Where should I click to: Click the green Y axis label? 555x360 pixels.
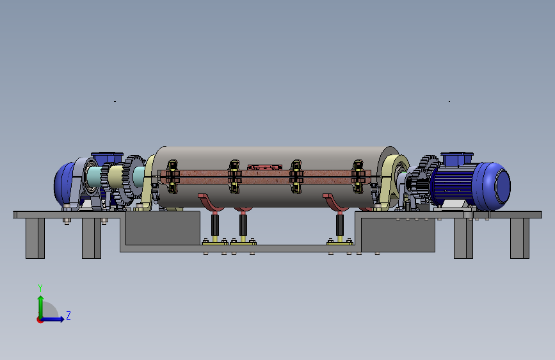[40, 288]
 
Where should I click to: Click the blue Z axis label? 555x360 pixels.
[68, 315]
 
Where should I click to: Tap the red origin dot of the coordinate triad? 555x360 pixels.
[40, 320]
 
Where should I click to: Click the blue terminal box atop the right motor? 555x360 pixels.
[457, 159]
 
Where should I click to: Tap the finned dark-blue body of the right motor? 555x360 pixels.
[452, 185]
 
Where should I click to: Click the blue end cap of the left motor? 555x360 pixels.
[64, 184]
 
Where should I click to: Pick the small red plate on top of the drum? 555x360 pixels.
[265, 167]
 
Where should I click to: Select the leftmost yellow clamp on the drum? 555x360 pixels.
[172, 176]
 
